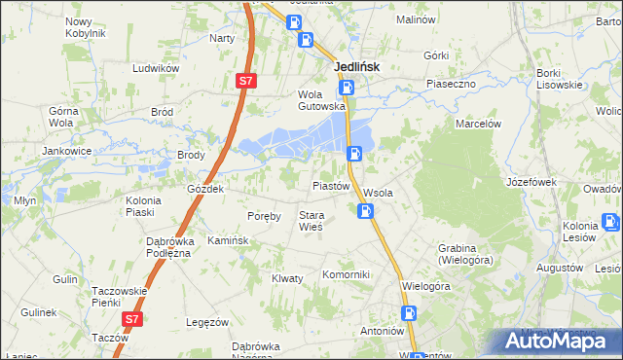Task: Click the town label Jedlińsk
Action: pyautogui.click(x=356, y=67)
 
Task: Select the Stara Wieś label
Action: pyautogui.click(x=311, y=221)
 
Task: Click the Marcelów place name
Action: pyautogui.click(x=478, y=124)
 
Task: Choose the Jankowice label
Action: pyautogui.click(x=66, y=152)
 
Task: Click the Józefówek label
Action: pyautogui.click(x=531, y=182)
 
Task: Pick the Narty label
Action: pyautogui.click(x=222, y=38)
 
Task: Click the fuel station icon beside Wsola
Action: pyautogui.click(x=366, y=210)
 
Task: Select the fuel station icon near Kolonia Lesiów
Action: pyautogui.click(x=611, y=222)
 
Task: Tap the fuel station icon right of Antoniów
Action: pyautogui.click(x=410, y=313)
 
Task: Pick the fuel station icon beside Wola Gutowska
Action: pyautogui.click(x=348, y=89)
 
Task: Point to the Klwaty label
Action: pyautogui.click(x=287, y=278)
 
